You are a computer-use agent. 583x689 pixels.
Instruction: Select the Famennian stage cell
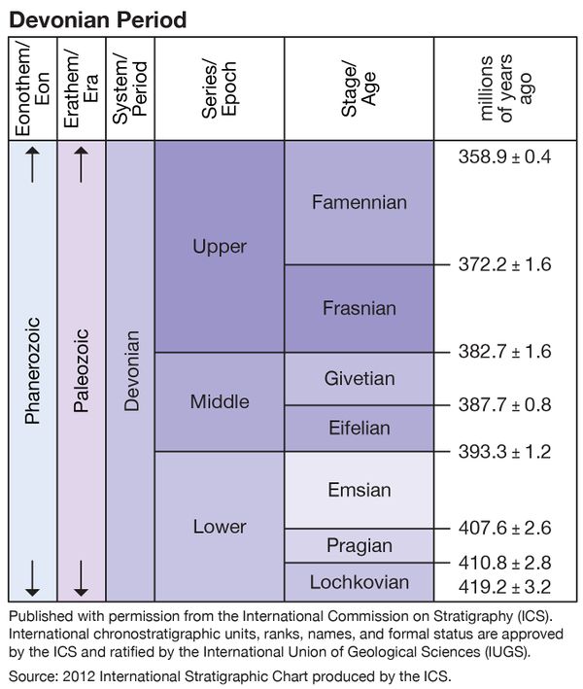tap(360, 202)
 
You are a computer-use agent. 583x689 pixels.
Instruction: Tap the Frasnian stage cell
tap(360, 308)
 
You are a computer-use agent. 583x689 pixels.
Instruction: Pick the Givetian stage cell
tap(360, 378)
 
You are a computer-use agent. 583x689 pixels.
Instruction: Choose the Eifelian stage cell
tap(360, 428)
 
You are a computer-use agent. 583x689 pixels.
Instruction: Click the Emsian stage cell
tap(360, 490)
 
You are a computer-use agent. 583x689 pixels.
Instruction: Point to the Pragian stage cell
tap(360, 545)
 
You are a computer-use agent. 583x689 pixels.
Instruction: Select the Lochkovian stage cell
tap(360, 582)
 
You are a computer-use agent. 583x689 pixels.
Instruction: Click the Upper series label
tap(220, 247)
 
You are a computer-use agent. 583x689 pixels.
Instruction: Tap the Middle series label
tap(220, 401)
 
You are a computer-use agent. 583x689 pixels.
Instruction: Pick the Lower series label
tap(220, 527)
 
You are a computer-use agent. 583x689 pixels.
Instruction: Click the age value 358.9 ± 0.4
tap(504, 155)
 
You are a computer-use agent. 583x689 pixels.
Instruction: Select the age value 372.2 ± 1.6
tap(504, 263)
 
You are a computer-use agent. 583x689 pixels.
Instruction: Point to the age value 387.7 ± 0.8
tap(504, 403)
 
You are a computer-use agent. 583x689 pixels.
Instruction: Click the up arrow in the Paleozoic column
tap(82, 169)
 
